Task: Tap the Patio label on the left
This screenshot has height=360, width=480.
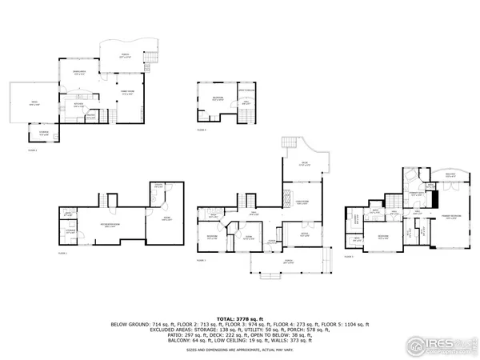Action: click(x=34, y=103)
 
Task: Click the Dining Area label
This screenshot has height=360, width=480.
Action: click(x=80, y=73)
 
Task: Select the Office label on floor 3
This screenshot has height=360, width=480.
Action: click(x=304, y=234)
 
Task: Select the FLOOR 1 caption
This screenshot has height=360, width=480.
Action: click(x=62, y=253)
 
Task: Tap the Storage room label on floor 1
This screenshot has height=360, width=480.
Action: click(x=71, y=232)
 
